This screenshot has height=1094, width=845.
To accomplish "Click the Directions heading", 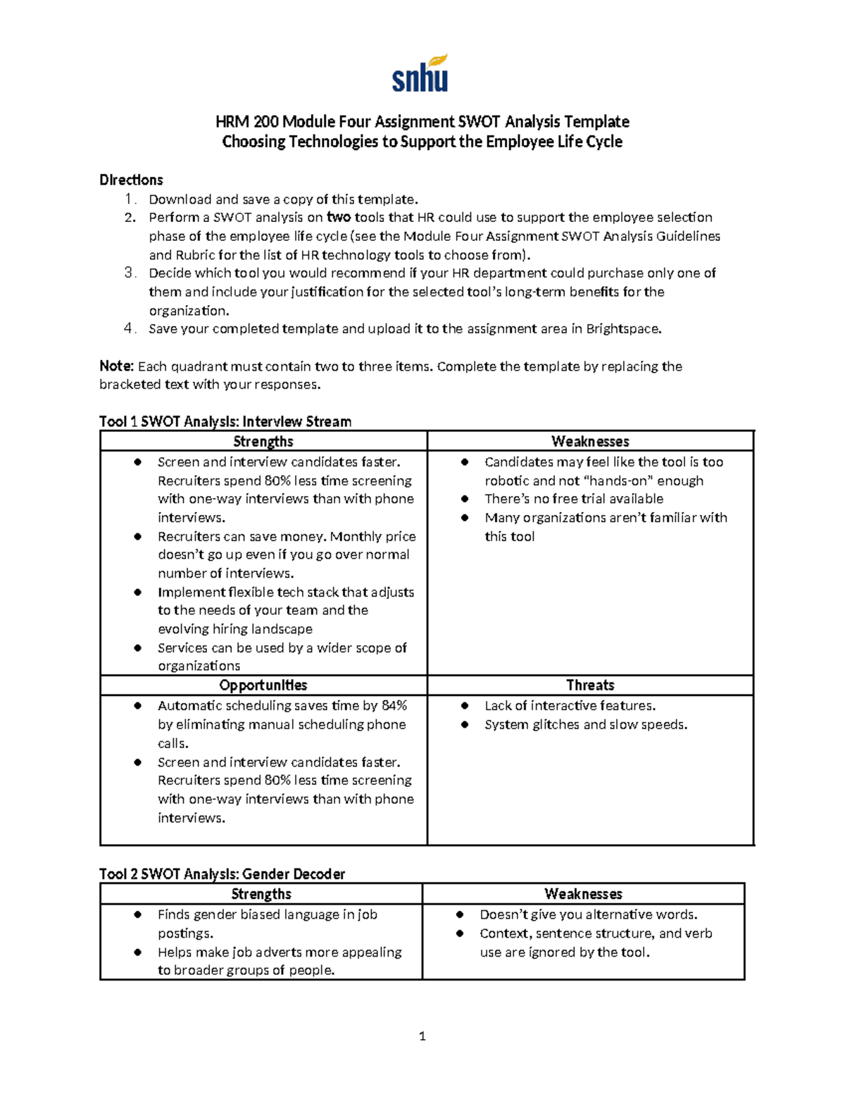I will point(131,180).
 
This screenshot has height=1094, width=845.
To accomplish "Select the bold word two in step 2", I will point(339,217).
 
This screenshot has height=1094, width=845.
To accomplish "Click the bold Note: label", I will point(116,366).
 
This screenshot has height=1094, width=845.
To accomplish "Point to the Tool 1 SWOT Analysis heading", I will point(225,421).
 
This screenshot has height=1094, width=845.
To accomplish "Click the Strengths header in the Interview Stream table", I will point(263,442).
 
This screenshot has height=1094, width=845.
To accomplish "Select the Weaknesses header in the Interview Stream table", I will point(590,442).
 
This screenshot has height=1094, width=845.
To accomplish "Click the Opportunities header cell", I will point(263,685).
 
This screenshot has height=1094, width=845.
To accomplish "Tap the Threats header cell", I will point(590,685).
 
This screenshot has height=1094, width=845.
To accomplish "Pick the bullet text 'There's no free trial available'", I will point(574,499).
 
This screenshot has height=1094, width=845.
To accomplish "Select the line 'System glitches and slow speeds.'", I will point(586,725).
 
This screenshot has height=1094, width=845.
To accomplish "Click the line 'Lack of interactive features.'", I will point(570,706).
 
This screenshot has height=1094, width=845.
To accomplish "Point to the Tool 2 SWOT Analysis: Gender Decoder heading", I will point(223,874).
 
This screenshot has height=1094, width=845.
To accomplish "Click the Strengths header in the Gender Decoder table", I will point(261,894).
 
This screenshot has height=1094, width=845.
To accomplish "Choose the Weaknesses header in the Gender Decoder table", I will point(583,894).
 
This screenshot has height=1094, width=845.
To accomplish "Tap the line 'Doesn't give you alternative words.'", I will point(589,914).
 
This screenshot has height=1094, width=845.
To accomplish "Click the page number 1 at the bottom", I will point(423,1036).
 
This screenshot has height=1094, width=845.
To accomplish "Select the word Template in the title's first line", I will point(601,122).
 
